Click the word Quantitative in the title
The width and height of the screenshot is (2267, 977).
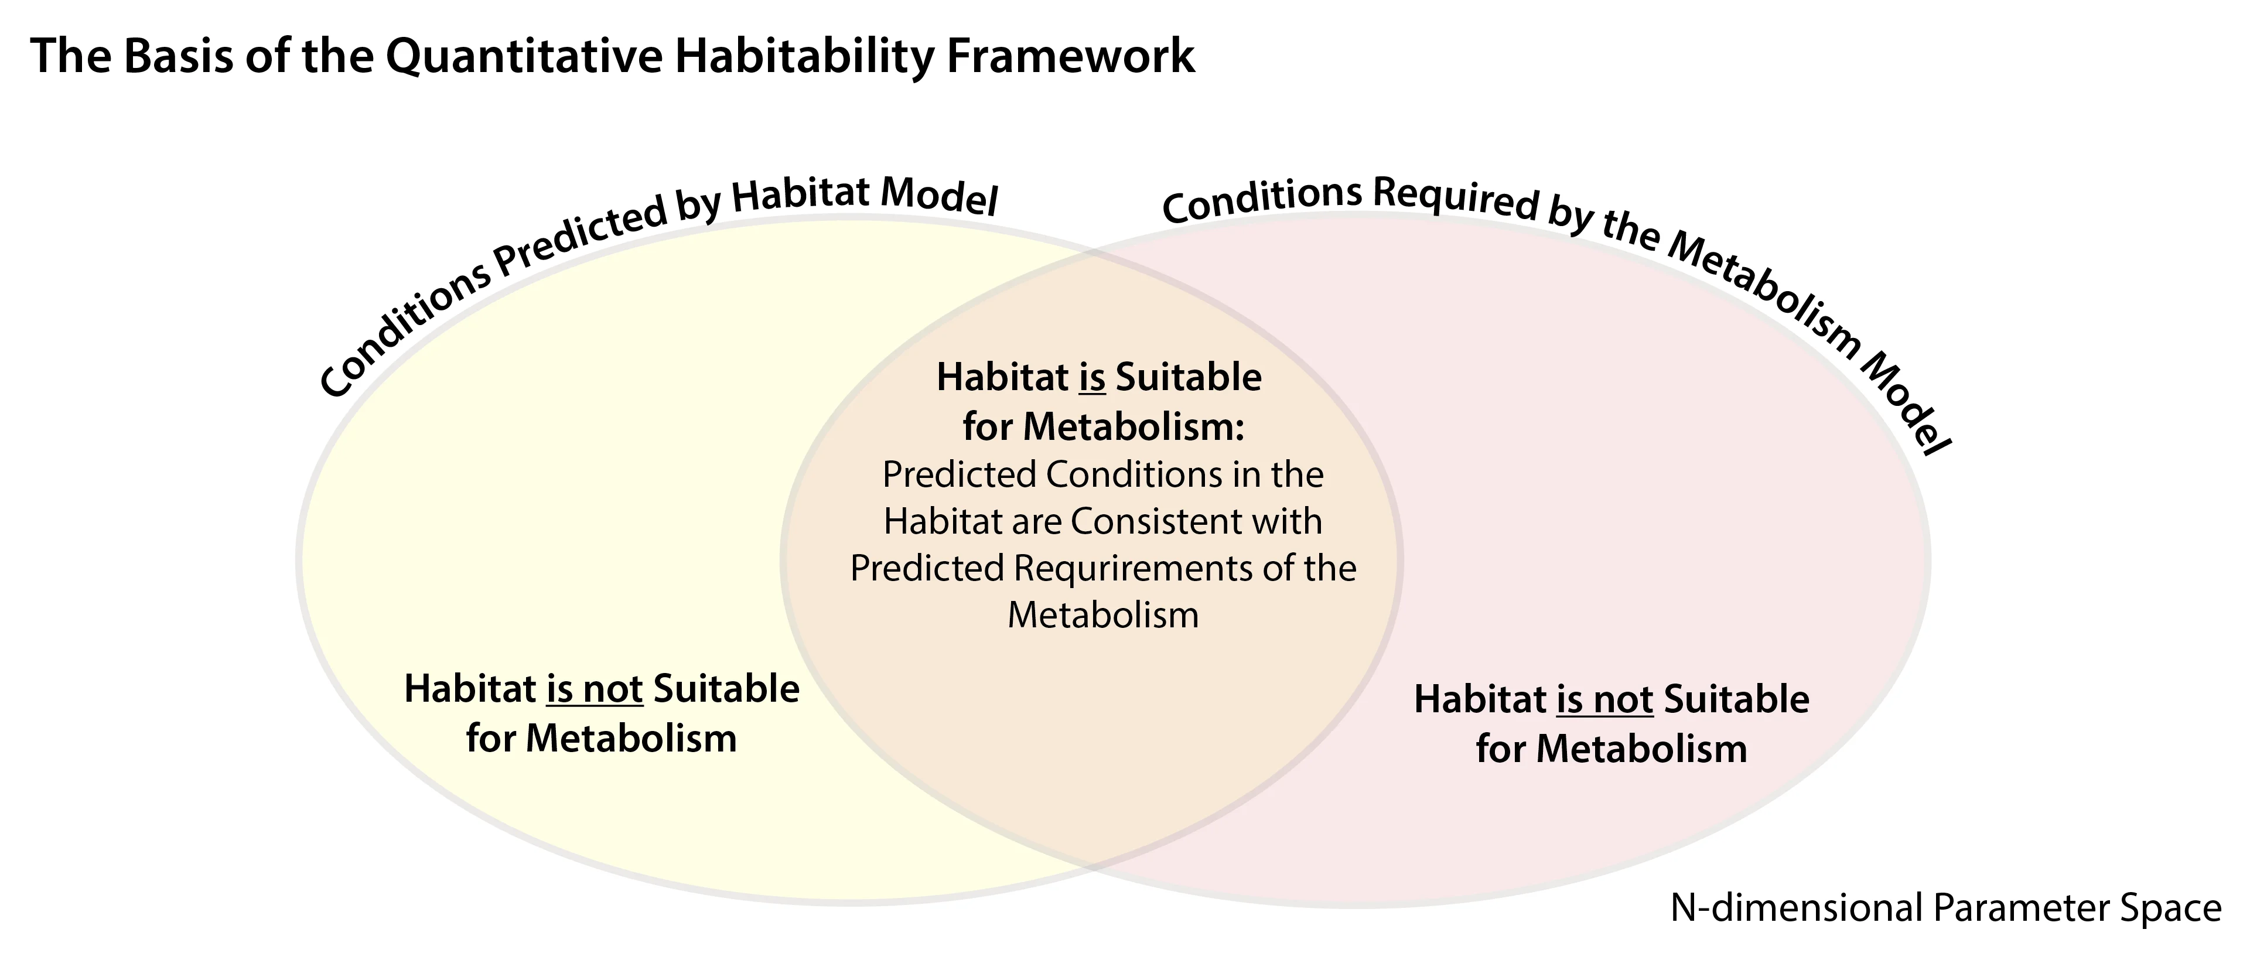[x=524, y=56]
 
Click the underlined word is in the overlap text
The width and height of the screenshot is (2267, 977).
[x=1092, y=378]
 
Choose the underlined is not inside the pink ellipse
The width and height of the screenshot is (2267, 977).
[x=1604, y=700]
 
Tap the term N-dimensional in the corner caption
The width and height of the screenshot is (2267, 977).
[x=1794, y=907]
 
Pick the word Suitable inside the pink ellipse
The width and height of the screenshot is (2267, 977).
[x=1736, y=700]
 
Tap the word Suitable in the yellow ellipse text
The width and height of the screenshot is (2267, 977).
[x=726, y=689]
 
